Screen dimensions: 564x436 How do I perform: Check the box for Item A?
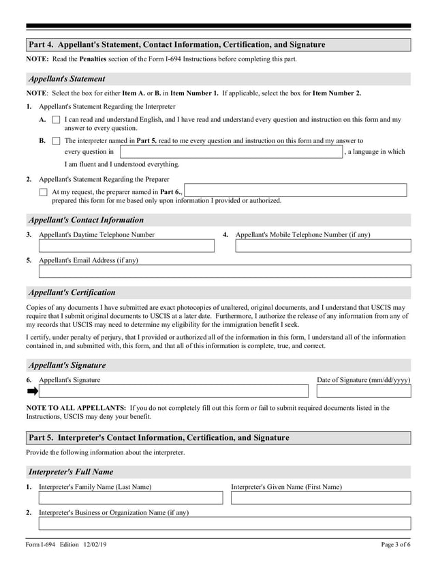pyautogui.click(x=57, y=120)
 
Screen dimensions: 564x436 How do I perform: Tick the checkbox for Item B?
pyautogui.click(x=57, y=141)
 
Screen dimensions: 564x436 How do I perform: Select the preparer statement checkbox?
pyautogui.click(x=44, y=193)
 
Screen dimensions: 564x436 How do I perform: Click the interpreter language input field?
pyautogui.click(x=231, y=152)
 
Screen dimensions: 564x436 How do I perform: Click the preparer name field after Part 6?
pyautogui.click(x=296, y=191)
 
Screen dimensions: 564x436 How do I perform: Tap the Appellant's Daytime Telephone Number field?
pyautogui.click(x=127, y=246)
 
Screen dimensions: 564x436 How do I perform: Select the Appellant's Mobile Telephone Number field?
pyautogui.click(x=323, y=246)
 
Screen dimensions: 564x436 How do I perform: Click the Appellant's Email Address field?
pyautogui.click(x=225, y=271)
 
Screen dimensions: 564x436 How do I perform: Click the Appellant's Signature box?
pyautogui.click(x=174, y=391)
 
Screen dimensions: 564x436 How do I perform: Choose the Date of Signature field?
pyautogui.click(x=364, y=391)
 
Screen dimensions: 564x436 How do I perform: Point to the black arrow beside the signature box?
pyautogui.click(x=32, y=391)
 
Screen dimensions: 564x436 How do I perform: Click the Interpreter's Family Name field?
pyautogui.click(x=131, y=498)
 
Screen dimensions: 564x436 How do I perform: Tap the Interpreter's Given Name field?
pyautogui.click(x=321, y=498)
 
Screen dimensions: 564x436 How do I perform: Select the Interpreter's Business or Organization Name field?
pyautogui.click(x=225, y=523)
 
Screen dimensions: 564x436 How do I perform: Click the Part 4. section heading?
pyautogui.click(x=177, y=45)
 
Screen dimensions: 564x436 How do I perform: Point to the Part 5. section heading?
pyautogui.click(x=159, y=438)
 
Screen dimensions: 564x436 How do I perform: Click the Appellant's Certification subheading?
pyautogui.click(x=72, y=292)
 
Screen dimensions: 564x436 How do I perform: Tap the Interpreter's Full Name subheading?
pyautogui.click(x=71, y=471)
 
